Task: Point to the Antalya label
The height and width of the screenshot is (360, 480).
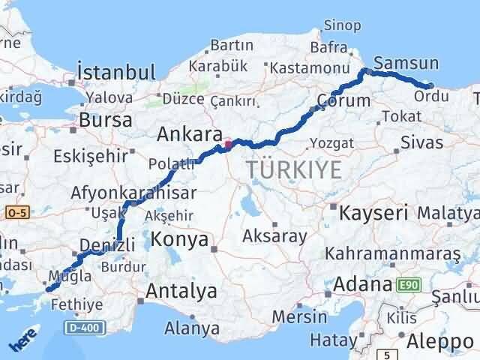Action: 182,291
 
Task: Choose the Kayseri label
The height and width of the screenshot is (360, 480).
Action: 373,212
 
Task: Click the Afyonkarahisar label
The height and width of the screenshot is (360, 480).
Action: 133,193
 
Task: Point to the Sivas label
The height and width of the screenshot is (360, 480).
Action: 421,142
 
